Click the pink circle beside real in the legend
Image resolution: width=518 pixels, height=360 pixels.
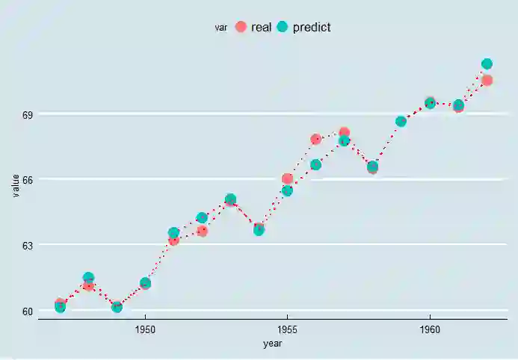(x=241, y=27)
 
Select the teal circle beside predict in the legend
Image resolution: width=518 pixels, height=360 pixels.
(x=283, y=27)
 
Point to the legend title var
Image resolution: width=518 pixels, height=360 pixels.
(x=221, y=28)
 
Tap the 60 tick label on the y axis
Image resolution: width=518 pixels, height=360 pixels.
(x=27, y=311)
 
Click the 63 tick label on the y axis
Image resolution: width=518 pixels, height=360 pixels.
(x=27, y=245)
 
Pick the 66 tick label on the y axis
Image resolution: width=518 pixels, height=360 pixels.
(x=27, y=180)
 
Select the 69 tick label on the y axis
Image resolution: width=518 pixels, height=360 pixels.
(x=27, y=115)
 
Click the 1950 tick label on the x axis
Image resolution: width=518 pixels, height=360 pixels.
(x=145, y=329)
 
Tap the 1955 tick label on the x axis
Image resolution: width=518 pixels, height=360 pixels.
(x=287, y=329)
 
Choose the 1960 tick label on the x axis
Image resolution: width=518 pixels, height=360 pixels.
(x=429, y=329)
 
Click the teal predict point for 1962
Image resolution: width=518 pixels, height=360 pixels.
(x=487, y=64)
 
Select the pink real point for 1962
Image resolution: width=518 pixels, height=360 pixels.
(x=487, y=80)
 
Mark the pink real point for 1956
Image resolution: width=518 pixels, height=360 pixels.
(x=315, y=139)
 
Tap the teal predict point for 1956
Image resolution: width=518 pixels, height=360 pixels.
(x=315, y=164)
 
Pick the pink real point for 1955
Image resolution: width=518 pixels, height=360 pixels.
(x=287, y=179)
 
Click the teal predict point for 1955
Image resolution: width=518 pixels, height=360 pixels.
(x=287, y=191)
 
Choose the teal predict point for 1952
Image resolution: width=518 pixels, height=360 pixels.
(x=202, y=218)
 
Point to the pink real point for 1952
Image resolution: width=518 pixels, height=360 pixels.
(x=202, y=231)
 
